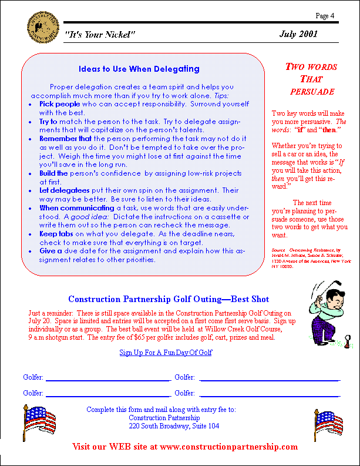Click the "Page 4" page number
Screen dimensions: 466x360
click(x=325, y=15)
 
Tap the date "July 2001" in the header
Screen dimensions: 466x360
click(x=298, y=34)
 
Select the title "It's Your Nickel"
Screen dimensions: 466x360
click(x=100, y=35)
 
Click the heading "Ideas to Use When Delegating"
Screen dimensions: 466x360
click(x=139, y=69)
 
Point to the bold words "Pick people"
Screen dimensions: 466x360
click(x=59, y=103)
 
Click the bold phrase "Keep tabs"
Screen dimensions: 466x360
click(x=56, y=233)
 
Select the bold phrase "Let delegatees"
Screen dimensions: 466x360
click(x=65, y=190)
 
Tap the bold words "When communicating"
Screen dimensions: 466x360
click(x=77, y=208)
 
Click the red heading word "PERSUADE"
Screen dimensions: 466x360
click(x=312, y=92)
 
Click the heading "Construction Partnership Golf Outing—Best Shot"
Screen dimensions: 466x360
click(x=169, y=299)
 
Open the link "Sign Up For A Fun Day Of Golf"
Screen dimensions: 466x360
click(x=166, y=353)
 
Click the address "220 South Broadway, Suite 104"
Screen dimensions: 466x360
click(x=174, y=426)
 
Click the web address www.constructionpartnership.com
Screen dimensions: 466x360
click(x=228, y=447)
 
